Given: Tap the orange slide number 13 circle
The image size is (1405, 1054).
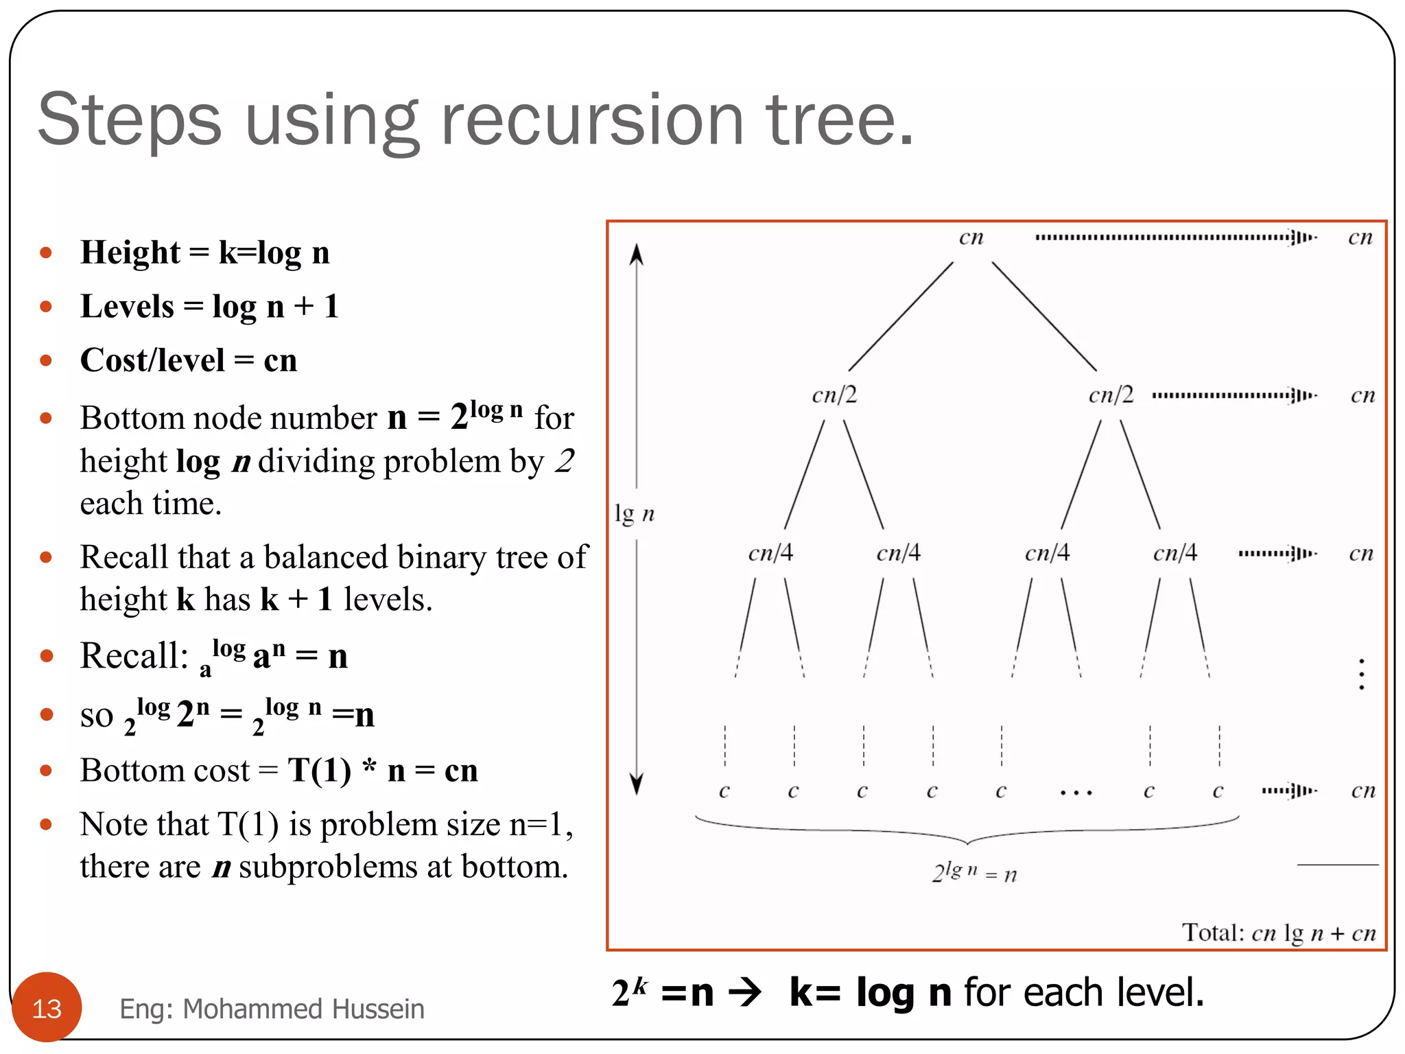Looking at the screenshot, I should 47,1007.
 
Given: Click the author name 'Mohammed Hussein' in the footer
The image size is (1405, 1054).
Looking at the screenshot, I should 303,1009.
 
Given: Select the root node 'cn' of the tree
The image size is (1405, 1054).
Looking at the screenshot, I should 971,238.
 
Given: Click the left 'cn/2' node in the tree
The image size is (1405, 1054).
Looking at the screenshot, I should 834,395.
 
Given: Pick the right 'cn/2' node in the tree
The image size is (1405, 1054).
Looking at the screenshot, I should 1111,395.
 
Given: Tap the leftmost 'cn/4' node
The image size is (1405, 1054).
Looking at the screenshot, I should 770,553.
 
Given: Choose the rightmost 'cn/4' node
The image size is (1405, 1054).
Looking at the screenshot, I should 1174,553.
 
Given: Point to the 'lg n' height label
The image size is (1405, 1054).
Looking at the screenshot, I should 634,513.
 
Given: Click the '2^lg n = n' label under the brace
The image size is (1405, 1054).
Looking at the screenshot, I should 974,872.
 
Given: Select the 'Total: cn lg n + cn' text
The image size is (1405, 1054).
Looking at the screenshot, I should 1278,933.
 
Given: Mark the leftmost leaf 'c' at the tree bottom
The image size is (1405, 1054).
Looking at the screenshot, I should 724,792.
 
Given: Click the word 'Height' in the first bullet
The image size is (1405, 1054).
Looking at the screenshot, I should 130,253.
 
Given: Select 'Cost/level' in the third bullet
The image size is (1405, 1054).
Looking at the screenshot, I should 152,360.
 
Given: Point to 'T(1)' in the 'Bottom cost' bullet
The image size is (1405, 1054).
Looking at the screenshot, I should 319,770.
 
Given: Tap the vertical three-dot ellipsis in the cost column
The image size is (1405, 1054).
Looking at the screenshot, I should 1362,674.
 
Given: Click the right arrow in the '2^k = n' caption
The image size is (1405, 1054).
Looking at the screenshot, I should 746,992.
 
